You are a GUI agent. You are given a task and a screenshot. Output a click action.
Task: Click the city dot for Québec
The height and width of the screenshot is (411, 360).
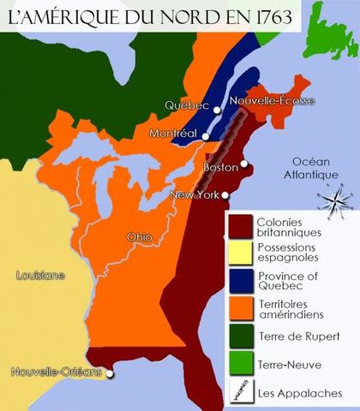click(x=218, y=110)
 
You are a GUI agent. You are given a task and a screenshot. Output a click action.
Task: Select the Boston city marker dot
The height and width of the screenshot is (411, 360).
click(x=244, y=164)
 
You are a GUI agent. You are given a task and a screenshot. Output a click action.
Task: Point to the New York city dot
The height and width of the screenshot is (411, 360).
click(x=225, y=195)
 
